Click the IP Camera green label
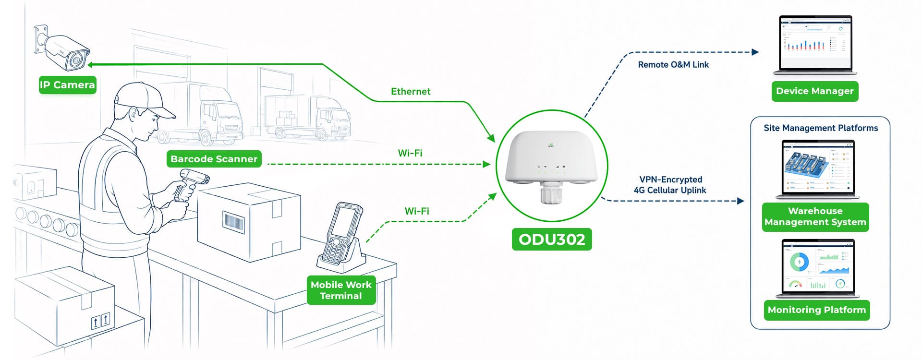coord(67,85)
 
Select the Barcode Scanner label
coord(214,159)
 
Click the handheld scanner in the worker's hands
coord(190,185)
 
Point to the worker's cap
coord(142,98)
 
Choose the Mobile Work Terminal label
coord(341,290)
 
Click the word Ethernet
coord(411,92)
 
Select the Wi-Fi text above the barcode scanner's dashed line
coord(410,153)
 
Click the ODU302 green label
coord(552,239)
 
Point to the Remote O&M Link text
coord(673,65)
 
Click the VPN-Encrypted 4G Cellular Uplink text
coord(670,185)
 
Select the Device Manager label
coord(815,91)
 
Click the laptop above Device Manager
coord(815,45)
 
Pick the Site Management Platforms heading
coord(821,128)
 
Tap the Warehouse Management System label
coord(815,217)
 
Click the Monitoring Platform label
coord(817,310)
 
